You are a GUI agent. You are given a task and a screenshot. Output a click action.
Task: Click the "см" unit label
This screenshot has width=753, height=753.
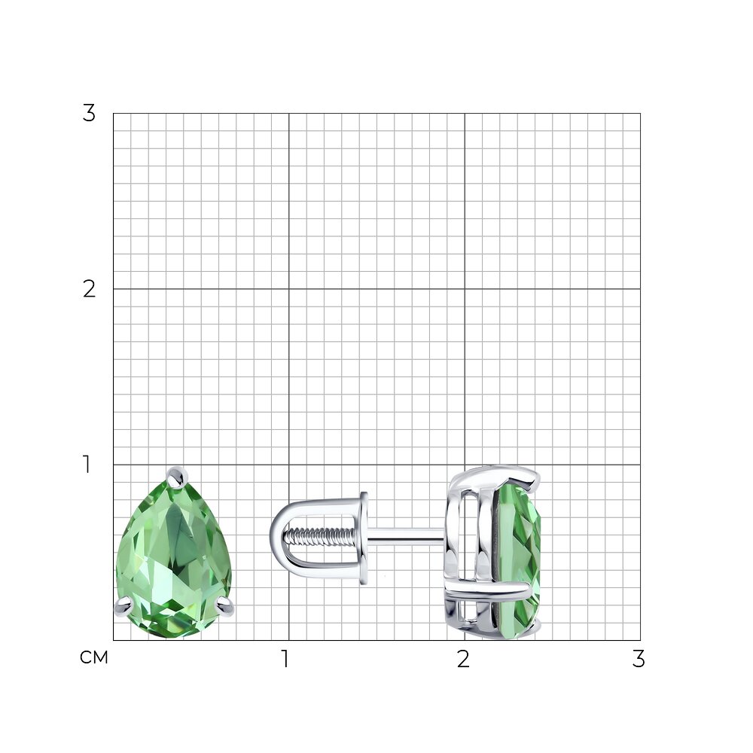tap(94, 657)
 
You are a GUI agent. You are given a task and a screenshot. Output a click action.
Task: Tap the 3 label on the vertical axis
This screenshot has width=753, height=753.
tap(89, 114)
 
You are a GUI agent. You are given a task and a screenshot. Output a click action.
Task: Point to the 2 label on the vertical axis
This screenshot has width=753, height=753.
tap(89, 289)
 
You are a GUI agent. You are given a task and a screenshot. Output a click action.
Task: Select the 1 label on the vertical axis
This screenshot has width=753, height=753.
tap(87, 465)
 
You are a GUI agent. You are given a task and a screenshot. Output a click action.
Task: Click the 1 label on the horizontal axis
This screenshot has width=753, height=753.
tap(285, 659)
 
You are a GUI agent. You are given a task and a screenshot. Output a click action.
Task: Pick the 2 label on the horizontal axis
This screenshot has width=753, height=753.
tap(463, 659)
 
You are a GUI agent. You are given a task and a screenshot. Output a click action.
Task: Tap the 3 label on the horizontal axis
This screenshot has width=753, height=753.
tap(639, 659)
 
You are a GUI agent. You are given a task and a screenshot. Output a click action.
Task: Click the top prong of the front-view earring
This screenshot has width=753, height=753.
tap(177, 474)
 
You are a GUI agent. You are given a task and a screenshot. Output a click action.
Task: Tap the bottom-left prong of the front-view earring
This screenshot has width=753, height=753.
tap(123, 606)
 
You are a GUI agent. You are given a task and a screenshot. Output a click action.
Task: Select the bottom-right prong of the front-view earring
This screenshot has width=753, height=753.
tap(224, 606)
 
